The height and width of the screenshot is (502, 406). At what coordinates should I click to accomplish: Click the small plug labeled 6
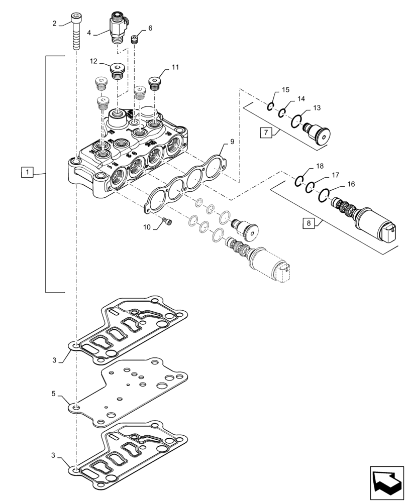click(x=135, y=40)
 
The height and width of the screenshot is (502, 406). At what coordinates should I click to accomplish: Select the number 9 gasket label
click(x=232, y=143)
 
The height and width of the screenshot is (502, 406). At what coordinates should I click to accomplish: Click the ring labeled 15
click(x=270, y=106)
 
